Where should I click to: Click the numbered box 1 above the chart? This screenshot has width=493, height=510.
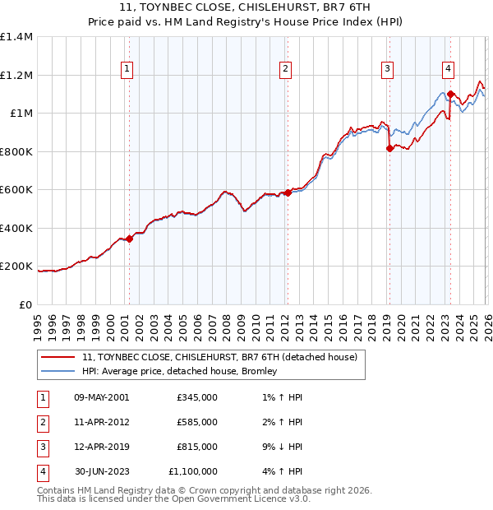coord(128,70)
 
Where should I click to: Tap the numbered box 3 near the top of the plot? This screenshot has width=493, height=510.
coord(386,70)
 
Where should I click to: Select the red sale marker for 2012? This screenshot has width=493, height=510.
coord(288,193)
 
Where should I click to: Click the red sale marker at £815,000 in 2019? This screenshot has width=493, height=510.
coord(389,149)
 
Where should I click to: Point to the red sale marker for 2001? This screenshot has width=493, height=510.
coord(129,239)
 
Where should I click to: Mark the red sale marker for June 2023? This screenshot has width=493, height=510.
coord(450,95)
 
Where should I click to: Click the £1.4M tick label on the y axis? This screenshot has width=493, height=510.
coord(16,37)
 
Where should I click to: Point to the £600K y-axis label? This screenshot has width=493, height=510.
coord(16,190)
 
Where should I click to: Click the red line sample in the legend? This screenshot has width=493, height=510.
coord(58,358)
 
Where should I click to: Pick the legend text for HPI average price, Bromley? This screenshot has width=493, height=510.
coord(180,371)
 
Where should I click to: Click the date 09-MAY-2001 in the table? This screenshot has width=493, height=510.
coord(102,397)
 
